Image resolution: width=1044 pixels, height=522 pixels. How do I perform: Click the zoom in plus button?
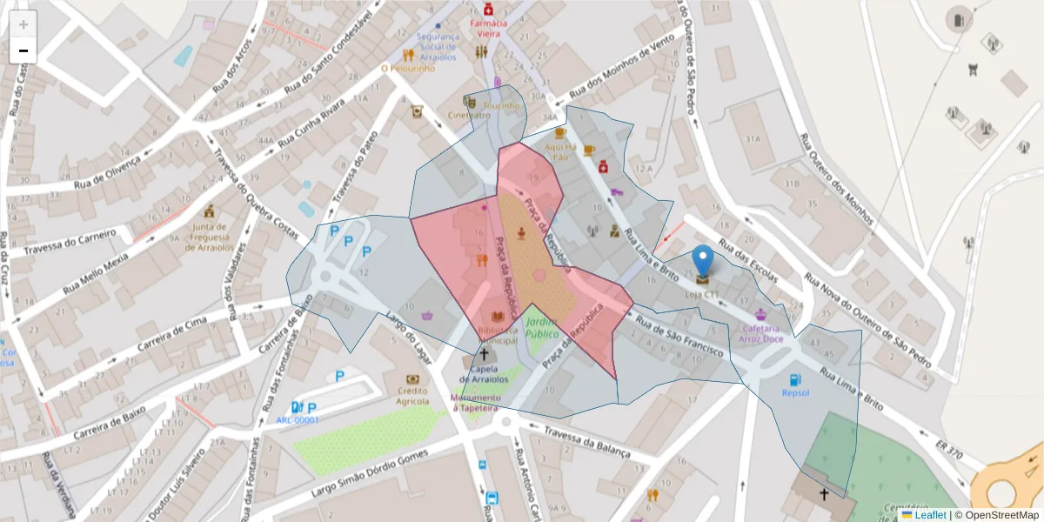23,23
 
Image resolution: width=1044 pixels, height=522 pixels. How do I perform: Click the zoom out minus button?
23,50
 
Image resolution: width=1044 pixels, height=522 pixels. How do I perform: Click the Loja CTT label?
702,294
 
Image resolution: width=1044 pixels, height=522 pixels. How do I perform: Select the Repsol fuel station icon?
794,379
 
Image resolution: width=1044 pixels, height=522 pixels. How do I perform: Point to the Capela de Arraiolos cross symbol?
485,355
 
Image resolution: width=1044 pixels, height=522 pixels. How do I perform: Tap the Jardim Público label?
541,327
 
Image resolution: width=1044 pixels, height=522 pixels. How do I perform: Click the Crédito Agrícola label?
412,396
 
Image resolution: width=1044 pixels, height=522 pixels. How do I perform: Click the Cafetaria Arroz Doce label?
762,333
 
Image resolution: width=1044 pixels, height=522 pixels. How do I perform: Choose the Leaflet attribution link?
929,515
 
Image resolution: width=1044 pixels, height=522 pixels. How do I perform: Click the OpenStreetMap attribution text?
1000,515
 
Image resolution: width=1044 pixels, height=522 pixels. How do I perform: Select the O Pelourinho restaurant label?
406,68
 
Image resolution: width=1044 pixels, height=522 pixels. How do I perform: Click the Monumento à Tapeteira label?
474,403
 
